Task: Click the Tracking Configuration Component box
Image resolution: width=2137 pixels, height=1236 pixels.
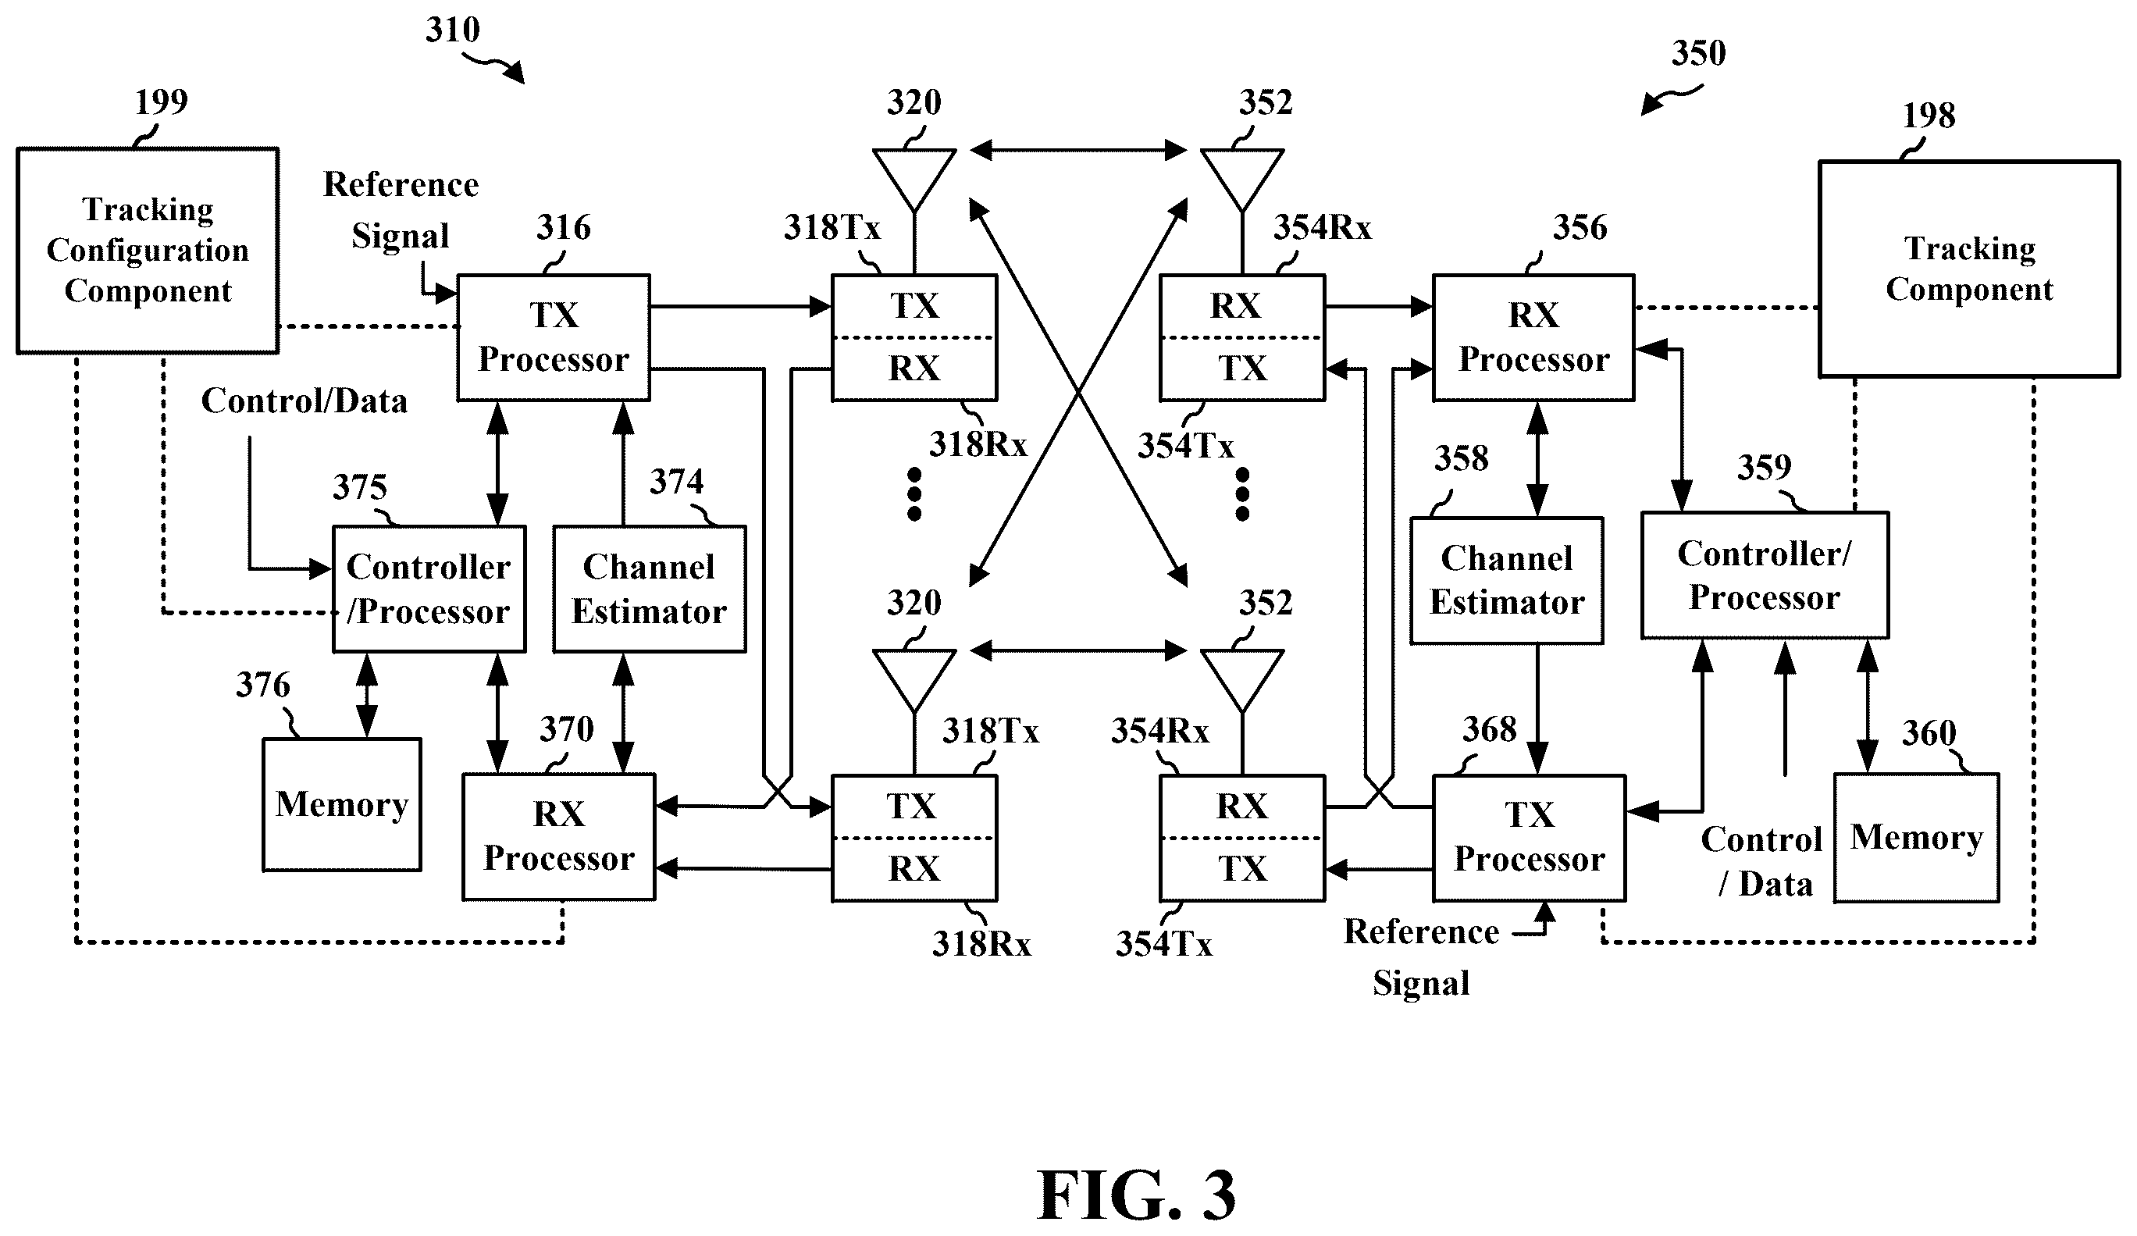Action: [x=148, y=251]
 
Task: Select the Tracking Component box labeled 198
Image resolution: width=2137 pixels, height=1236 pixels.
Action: [x=1969, y=268]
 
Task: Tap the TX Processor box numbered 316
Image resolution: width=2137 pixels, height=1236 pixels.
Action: [x=554, y=337]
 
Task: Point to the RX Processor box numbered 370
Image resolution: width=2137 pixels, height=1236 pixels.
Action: [x=559, y=836]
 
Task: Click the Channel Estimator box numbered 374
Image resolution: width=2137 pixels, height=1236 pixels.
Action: [x=650, y=589]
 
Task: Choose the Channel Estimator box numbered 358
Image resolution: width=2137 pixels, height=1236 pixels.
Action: [x=1507, y=580]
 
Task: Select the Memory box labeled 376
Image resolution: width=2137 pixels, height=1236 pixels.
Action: [x=342, y=804]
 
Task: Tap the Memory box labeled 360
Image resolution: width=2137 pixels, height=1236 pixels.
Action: [x=1917, y=837]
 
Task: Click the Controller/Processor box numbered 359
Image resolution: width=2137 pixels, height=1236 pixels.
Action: [x=1765, y=575]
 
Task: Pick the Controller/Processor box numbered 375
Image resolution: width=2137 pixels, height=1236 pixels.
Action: [x=429, y=589]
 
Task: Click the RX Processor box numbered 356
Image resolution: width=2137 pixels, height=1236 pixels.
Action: [x=1533, y=337]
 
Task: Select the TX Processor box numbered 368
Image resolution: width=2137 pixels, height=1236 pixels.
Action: [x=1529, y=837]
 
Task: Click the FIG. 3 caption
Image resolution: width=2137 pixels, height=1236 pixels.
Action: [x=1136, y=1195]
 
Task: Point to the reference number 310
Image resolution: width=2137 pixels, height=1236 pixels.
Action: [x=453, y=30]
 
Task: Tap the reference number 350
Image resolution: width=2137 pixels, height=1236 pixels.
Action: [x=1698, y=53]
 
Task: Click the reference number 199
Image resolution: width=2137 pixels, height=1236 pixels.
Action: [x=161, y=102]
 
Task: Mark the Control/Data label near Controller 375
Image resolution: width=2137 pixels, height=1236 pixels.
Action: [x=305, y=401]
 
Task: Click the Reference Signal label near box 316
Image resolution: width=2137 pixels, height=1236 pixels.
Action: [x=401, y=209]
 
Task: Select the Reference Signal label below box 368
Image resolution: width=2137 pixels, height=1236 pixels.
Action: [x=1422, y=957]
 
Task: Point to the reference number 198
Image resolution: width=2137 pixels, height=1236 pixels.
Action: [x=1929, y=116]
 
